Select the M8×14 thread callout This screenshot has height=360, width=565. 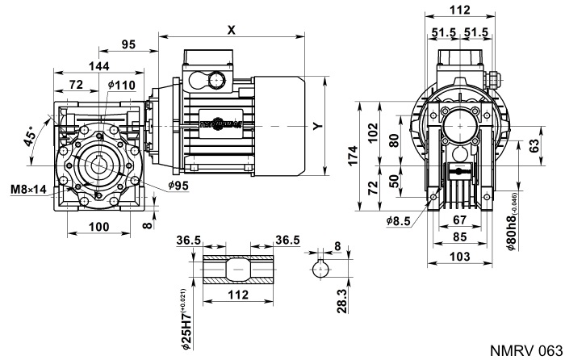27,190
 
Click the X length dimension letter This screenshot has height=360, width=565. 232,28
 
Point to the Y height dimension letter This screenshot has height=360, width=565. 317,126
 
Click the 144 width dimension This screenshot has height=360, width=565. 77,67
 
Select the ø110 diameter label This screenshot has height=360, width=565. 121,85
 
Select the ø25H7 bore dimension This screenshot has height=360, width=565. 183,319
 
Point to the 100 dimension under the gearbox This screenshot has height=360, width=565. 98,228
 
